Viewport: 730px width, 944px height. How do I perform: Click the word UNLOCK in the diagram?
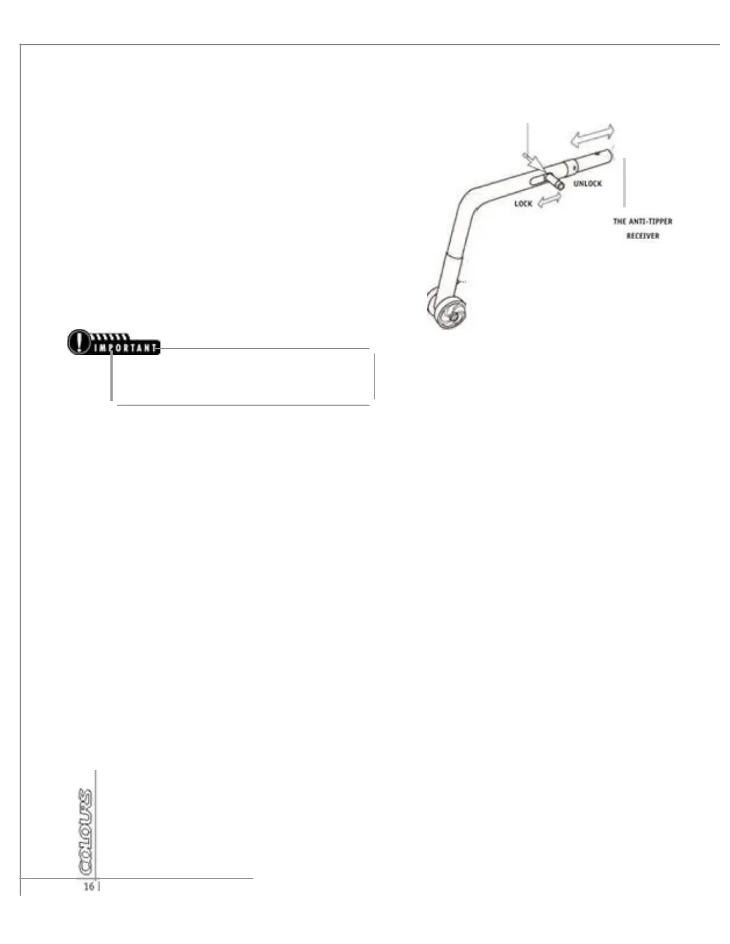pos(587,184)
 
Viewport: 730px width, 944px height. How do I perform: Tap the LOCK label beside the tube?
pos(523,204)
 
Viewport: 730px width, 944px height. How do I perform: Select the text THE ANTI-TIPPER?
pos(642,222)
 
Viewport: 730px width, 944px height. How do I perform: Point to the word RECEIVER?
pos(642,236)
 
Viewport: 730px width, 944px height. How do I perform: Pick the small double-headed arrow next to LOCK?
pos(549,201)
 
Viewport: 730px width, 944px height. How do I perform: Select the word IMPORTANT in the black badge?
pos(125,348)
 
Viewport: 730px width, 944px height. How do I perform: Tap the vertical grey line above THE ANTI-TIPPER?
pos(624,182)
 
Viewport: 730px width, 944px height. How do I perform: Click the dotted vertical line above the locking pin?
pos(528,137)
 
